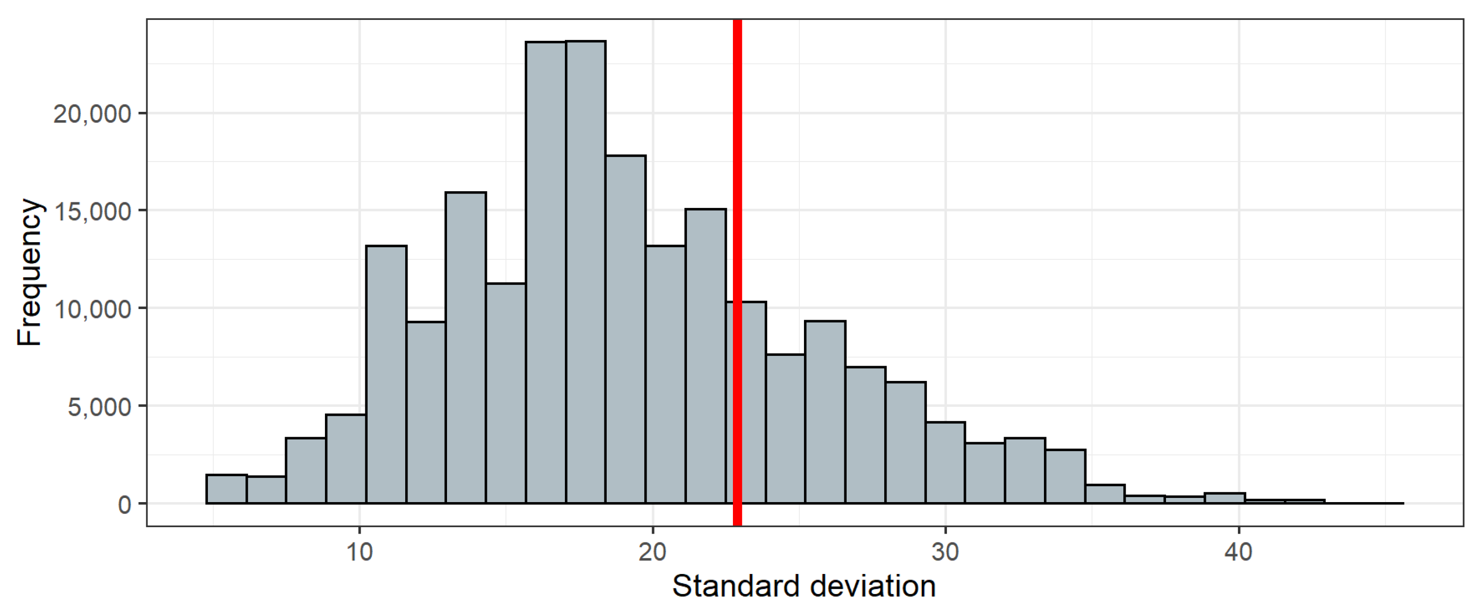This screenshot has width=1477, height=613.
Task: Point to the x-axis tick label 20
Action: (x=653, y=552)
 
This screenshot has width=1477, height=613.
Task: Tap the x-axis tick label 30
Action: (x=945, y=552)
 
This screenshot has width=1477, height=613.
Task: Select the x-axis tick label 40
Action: (x=1238, y=552)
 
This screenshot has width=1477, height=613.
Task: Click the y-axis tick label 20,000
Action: (x=92, y=114)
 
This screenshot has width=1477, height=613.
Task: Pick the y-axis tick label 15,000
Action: (x=92, y=212)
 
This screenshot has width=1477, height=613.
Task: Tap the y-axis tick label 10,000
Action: (x=92, y=309)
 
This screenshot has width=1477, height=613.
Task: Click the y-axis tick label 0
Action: (x=124, y=504)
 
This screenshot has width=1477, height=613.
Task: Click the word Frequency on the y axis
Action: (x=29, y=272)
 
